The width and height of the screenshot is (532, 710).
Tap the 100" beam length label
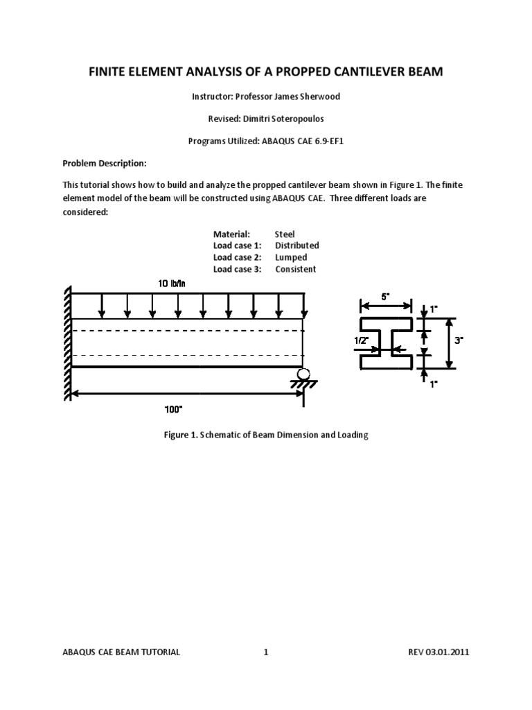173,409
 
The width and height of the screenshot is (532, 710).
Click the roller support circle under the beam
303,376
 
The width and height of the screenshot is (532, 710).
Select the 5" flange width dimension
384,295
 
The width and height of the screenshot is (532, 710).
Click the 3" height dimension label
459,340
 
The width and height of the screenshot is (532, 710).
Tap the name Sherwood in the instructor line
321,96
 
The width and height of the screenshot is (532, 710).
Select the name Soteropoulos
308,119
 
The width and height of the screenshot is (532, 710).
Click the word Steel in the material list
285,234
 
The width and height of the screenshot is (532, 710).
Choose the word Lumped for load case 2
291,257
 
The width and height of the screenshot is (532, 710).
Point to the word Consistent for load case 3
296,269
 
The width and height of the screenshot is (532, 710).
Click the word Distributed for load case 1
297,245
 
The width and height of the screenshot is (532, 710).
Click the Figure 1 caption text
265,435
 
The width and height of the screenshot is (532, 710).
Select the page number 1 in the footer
265,652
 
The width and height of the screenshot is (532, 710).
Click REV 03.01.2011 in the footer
439,652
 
